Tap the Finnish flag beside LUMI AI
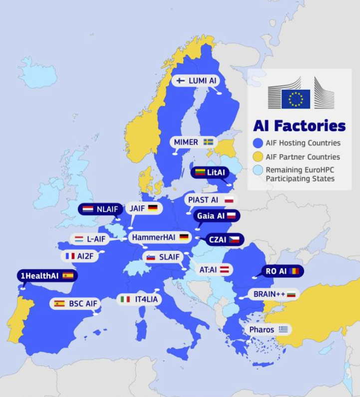coord(181,80)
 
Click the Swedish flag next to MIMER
coord(208,142)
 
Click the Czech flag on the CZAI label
coord(234,240)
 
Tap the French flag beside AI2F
coord(70,256)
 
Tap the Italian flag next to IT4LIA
coord(125,299)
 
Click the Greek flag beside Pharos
coord(283,329)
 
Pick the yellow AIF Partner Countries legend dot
coord(258,157)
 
